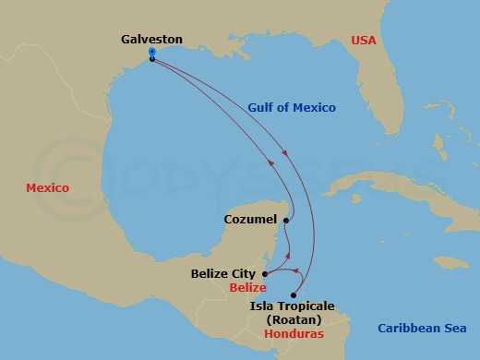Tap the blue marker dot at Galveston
151,53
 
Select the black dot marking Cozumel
287,221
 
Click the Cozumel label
250,221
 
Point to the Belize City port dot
265,274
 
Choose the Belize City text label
225,274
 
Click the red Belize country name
247,288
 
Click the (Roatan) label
290,319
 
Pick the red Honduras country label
294,333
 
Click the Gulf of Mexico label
292,107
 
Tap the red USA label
366,40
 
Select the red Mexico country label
47,187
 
